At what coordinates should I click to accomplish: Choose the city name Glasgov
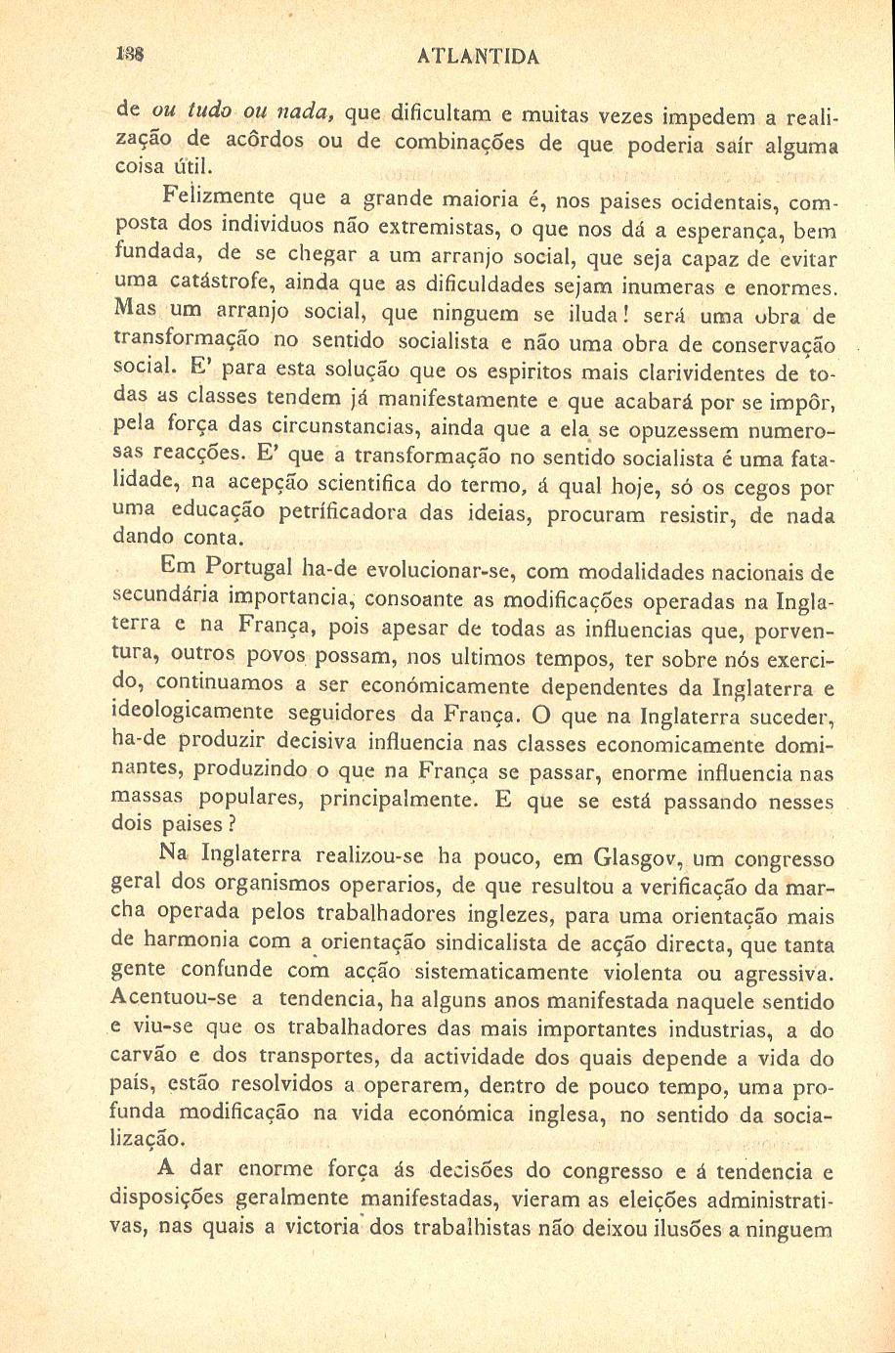(631, 860)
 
